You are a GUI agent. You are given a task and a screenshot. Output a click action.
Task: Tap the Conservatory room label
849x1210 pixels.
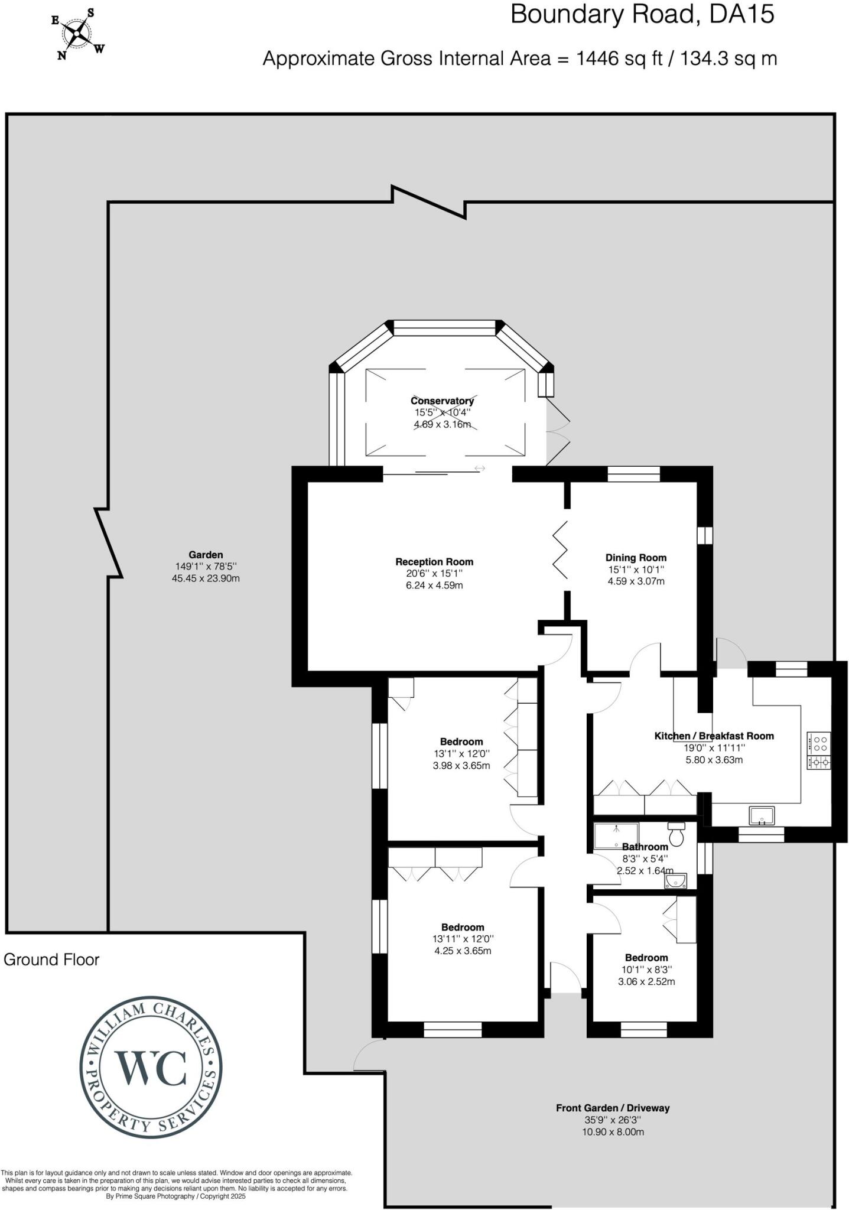click(x=442, y=401)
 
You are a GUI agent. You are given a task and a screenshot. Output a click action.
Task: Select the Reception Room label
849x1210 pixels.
click(x=434, y=562)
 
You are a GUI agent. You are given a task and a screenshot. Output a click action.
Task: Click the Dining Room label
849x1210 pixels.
click(x=636, y=557)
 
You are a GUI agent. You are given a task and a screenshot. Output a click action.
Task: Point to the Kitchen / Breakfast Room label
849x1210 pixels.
click(x=714, y=736)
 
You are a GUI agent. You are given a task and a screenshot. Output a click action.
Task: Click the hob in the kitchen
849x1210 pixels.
click(x=819, y=750)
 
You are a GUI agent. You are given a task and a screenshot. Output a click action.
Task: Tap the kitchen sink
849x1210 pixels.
click(x=762, y=816)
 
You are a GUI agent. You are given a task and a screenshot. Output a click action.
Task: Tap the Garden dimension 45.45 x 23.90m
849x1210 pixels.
click(x=206, y=578)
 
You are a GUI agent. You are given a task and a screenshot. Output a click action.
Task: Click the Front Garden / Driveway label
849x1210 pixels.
click(x=613, y=1108)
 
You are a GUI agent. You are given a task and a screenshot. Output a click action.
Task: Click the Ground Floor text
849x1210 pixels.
click(x=51, y=959)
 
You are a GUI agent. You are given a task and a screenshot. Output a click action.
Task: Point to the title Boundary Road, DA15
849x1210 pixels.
click(x=642, y=14)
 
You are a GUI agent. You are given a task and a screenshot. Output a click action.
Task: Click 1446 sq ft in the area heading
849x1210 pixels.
click(x=619, y=58)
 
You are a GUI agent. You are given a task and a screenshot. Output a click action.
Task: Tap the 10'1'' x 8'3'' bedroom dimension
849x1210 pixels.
click(x=646, y=970)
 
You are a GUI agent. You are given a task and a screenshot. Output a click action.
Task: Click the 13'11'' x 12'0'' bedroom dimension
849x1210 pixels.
click(x=462, y=939)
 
